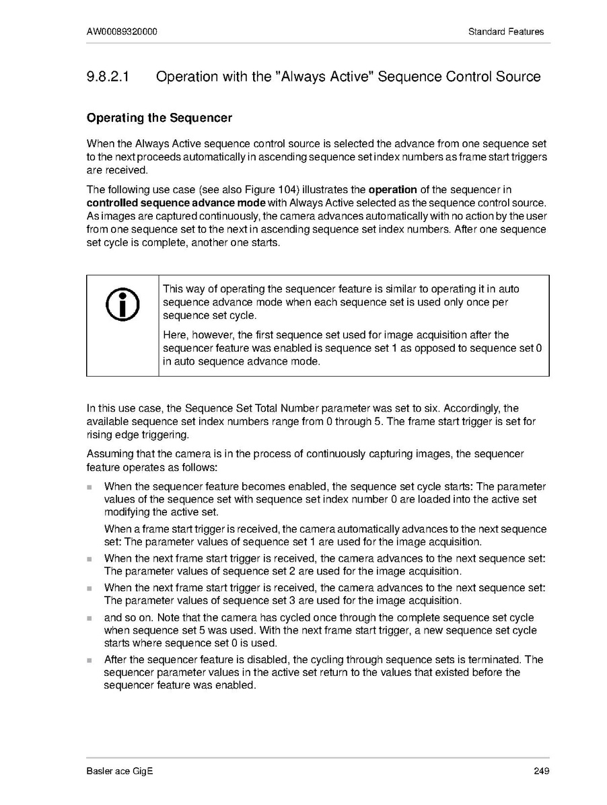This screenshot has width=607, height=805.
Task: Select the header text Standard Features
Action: point(506,32)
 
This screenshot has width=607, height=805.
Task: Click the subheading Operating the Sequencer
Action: point(159,118)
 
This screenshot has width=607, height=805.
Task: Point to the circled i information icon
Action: point(122,307)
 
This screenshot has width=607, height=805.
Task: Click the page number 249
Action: point(541,771)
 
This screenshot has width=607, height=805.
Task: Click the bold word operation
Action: point(393,190)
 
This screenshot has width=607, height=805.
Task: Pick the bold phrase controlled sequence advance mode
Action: point(176,202)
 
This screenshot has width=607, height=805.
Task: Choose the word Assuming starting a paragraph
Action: point(108,454)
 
